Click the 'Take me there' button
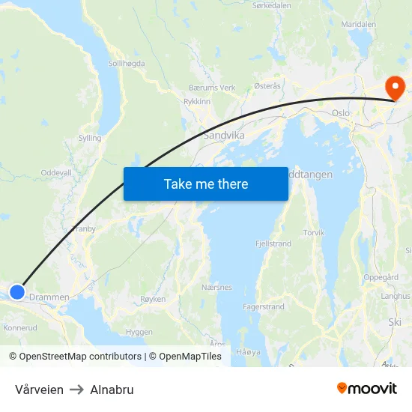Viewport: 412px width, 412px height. click(x=206, y=184)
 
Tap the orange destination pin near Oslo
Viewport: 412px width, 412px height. click(x=394, y=88)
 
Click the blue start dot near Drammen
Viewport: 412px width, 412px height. click(x=16, y=291)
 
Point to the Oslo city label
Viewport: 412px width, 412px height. click(x=341, y=114)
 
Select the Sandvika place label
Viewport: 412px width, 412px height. click(x=222, y=136)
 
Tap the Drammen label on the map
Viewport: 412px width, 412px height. click(x=50, y=297)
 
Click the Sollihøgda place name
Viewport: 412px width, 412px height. click(x=127, y=64)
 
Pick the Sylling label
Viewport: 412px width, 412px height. click(x=90, y=139)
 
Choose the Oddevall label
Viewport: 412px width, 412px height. click(x=56, y=172)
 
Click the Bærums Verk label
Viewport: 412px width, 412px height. click(x=212, y=88)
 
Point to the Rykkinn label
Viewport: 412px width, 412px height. click(x=197, y=101)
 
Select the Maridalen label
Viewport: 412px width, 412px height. click(x=358, y=24)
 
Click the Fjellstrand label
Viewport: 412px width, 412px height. click(x=273, y=244)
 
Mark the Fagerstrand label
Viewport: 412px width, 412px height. click(x=263, y=307)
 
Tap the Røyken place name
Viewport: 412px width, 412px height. click(x=152, y=298)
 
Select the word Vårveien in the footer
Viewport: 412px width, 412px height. click(x=39, y=390)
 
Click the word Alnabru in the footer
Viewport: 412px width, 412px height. click(x=112, y=390)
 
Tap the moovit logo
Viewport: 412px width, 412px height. click(x=367, y=388)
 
